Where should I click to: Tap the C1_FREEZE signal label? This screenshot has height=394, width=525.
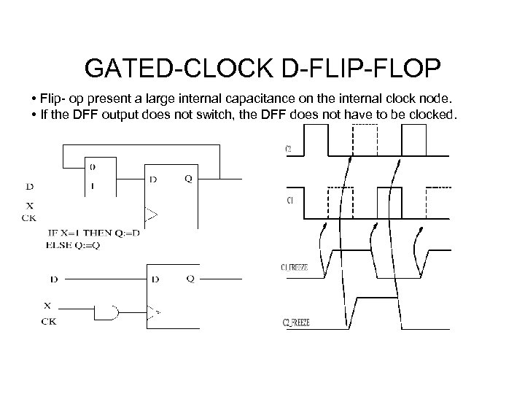tap(295, 268)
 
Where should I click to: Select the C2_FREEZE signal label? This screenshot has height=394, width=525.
tap(295, 323)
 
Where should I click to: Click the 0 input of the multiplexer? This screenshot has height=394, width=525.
tap(92, 165)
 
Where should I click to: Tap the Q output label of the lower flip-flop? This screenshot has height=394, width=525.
tap(190, 278)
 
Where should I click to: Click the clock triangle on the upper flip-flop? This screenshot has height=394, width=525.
tap(151, 215)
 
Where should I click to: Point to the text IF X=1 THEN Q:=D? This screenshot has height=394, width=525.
tap(93, 233)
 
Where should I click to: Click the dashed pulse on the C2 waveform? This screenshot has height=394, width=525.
tap(365, 139)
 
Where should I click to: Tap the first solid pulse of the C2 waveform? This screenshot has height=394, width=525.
tap(316, 139)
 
